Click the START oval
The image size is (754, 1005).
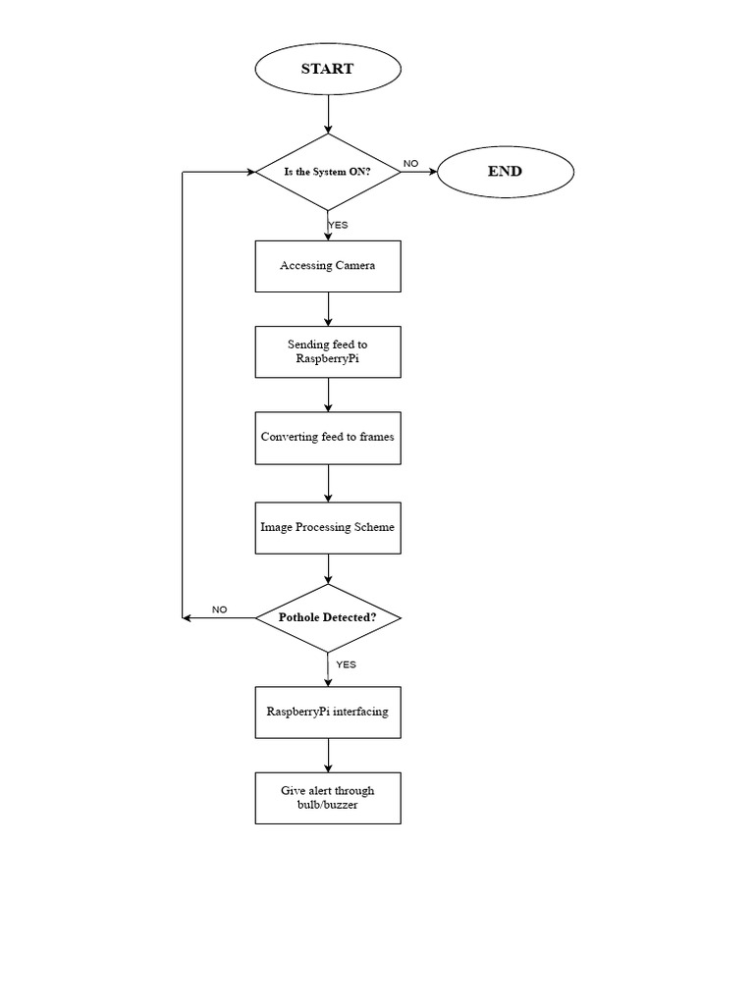click(x=328, y=70)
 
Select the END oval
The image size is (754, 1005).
click(x=505, y=172)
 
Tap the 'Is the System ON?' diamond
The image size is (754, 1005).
click(x=328, y=172)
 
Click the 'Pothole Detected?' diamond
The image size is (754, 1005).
click(x=328, y=617)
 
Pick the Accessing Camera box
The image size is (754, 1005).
click(x=328, y=266)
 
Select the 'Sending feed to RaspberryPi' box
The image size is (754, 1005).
click(x=328, y=351)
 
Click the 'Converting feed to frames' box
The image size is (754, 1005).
click(x=328, y=437)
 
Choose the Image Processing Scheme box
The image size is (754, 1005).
click(x=328, y=527)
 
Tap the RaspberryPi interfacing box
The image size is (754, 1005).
click(x=328, y=712)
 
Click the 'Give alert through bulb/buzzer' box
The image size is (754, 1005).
click(x=328, y=797)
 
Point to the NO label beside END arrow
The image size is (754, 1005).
click(x=410, y=163)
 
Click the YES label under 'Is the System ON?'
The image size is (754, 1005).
click(x=338, y=225)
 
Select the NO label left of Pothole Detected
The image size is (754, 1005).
click(x=219, y=609)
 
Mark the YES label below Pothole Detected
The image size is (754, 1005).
click(x=346, y=664)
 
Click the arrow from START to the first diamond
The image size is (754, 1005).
click(x=328, y=114)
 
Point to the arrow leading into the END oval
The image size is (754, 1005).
click(x=418, y=172)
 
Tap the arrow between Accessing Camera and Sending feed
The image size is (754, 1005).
click(x=328, y=309)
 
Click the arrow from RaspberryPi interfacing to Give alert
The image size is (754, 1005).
click(x=328, y=755)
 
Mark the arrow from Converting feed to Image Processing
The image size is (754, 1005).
click(x=328, y=482)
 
